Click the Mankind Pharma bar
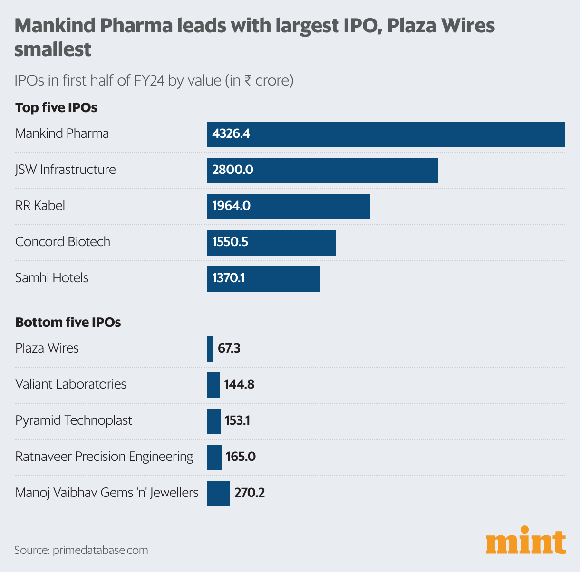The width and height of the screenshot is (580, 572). [x=386, y=134]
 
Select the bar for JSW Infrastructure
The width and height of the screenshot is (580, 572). [x=322, y=170]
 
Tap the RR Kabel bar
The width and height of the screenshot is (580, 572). [x=288, y=206]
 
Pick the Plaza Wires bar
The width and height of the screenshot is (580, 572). [x=210, y=349]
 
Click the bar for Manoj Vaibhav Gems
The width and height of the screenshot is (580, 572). [x=218, y=493]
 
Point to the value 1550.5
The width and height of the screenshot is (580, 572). [x=230, y=242]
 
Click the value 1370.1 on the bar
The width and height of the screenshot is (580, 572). [x=228, y=278]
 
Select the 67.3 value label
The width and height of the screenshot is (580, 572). [x=229, y=349]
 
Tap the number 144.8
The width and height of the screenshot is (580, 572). [x=239, y=385]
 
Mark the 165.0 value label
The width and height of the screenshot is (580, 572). [x=241, y=457]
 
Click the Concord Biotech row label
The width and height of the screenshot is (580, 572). [x=63, y=242]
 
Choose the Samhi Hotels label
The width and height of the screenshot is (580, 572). [x=52, y=278]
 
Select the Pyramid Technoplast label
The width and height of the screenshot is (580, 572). [x=74, y=420]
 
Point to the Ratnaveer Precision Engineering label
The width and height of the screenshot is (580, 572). [x=104, y=457]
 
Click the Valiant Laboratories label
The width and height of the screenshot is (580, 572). [x=71, y=384]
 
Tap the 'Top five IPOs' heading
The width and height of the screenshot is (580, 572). [x=56, y=108]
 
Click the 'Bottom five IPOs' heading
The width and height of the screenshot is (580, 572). [x=68, y=323]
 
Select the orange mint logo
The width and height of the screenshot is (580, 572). [x=525, y=541]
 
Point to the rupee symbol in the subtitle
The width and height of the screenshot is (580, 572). [x=248, y=80]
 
